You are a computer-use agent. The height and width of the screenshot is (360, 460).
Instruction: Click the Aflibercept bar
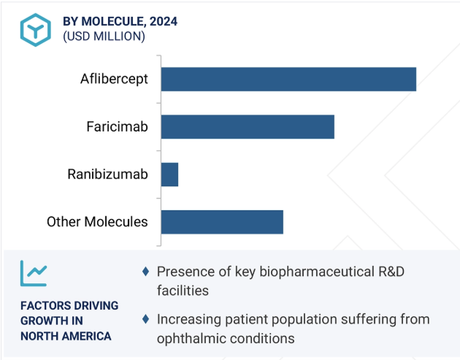288,79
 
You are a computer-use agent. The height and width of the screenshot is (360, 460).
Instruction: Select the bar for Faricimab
248,127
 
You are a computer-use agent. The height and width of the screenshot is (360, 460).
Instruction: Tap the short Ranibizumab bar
170,175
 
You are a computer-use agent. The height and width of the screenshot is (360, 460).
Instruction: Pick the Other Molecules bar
223,222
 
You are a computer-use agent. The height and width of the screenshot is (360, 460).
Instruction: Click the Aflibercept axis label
114,79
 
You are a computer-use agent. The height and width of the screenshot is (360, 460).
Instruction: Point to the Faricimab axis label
117,127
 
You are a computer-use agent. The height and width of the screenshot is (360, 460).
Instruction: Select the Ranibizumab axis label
107,175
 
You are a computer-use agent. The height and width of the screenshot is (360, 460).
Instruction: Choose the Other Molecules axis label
97,222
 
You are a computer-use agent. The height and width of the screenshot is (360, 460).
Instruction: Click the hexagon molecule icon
36,30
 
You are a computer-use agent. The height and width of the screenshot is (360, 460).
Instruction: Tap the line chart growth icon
34,273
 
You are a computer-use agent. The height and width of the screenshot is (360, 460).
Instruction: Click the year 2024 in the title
164,21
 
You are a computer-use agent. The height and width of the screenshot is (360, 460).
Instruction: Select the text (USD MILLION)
104,37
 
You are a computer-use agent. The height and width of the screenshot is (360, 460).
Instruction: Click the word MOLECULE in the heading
112,21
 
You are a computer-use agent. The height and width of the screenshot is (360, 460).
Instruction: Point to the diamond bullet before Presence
145,272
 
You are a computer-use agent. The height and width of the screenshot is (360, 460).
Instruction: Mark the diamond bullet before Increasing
145,319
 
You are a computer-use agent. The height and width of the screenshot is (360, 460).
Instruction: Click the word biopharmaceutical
317,272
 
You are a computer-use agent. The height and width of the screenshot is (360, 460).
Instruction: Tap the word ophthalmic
188,339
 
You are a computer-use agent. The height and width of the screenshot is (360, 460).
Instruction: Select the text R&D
391,272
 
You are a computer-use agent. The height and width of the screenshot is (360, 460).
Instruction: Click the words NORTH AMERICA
66,336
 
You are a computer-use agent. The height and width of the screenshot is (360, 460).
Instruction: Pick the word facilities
183,291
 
